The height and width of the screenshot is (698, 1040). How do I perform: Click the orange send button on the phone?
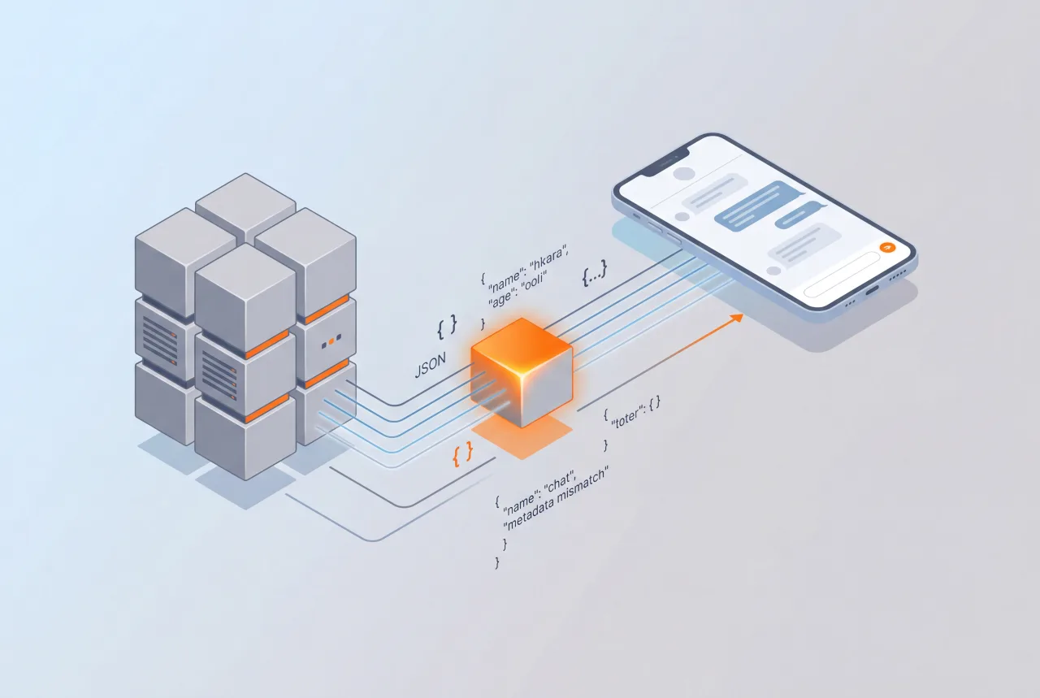click(886, 246)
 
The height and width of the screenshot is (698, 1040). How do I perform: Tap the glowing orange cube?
click(522, 370)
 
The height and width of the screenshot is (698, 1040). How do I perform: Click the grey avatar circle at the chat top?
click(685, 173)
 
